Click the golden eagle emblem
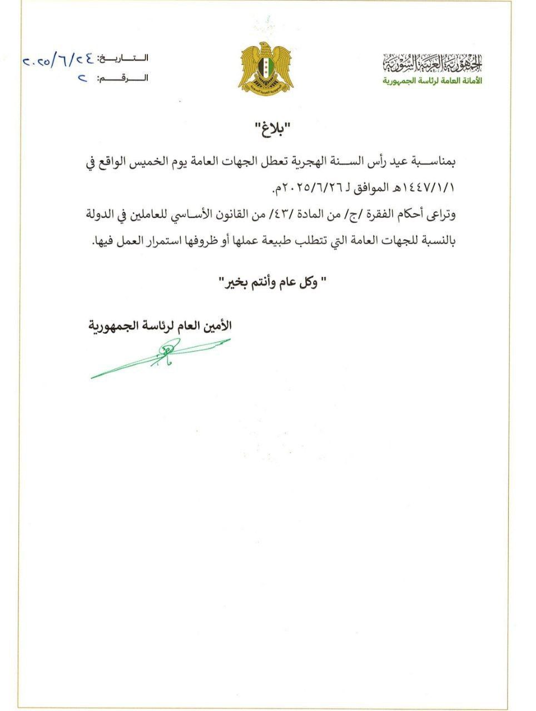click(x=266, y=69)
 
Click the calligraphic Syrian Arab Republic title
click(x=433, y=65)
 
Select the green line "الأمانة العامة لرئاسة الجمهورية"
click(x=433, y=81)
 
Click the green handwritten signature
click(x=161, y=356)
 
